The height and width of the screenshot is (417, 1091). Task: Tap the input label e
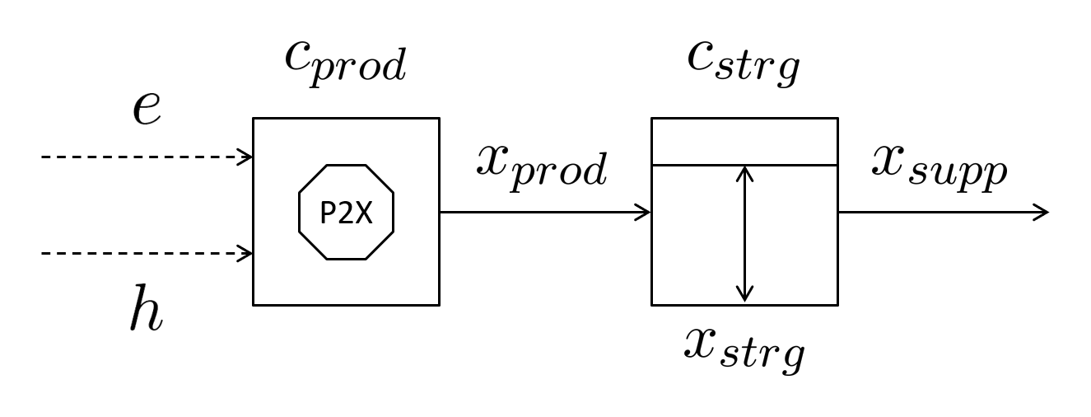[146, 108]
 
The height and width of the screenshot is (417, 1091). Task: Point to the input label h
[146, 311]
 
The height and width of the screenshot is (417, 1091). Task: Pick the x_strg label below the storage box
[744, 347]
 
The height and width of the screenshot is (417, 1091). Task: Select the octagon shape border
[299, 213]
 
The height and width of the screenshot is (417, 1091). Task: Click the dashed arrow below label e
[140, 157]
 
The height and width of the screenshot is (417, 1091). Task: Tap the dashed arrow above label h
[140, 254]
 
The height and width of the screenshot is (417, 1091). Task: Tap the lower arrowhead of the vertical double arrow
[744, 295]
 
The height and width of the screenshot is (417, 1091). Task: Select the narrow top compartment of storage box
[744, 142]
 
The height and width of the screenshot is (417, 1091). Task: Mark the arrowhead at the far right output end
[1042, 213]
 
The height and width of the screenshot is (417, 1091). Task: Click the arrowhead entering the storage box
[645, 213]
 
